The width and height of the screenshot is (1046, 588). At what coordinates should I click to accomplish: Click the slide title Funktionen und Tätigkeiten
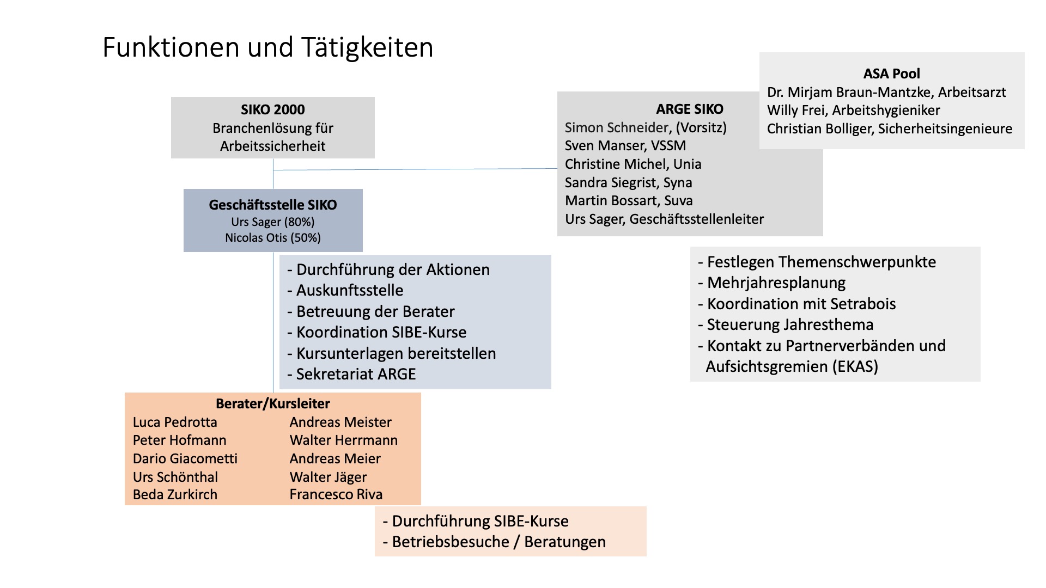click(267, 47)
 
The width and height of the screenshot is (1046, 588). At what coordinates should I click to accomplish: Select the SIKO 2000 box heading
click(273, 109)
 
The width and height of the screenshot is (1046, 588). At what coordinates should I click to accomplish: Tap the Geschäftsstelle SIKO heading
click(273, 205)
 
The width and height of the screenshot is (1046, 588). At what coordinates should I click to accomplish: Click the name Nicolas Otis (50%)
click(273, 238)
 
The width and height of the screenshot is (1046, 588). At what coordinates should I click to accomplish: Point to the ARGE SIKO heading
click(690, 109)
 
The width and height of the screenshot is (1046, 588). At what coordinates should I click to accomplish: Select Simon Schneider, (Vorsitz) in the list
click(646, 128)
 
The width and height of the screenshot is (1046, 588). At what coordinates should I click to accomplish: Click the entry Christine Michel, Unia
click(633, 164)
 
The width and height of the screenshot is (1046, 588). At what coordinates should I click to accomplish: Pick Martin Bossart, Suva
click(629, 201)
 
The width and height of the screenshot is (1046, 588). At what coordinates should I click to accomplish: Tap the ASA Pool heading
click(892, 73)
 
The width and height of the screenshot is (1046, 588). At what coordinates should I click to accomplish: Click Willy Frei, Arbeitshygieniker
click(854, 111)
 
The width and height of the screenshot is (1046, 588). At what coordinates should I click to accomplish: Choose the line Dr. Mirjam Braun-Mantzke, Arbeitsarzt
click(886, 93)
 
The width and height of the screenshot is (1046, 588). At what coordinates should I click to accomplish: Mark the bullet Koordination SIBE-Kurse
click(377, 333)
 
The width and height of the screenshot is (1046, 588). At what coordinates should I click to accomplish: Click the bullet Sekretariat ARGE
click(351, 375)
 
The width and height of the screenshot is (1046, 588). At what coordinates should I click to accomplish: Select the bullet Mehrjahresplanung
click(772, 283)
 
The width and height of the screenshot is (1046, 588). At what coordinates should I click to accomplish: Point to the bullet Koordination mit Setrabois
click(797, 304)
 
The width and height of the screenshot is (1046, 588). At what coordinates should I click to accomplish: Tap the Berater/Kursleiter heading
click(273, 404)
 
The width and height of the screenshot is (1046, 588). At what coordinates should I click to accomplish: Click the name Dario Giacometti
click(185, 459)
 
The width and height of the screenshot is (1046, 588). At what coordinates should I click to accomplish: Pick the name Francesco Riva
click(336, 495)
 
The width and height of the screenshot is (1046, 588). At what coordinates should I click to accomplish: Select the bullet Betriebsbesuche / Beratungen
click(494, 542)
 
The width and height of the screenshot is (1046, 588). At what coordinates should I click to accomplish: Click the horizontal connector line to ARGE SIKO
click(415, 169)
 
